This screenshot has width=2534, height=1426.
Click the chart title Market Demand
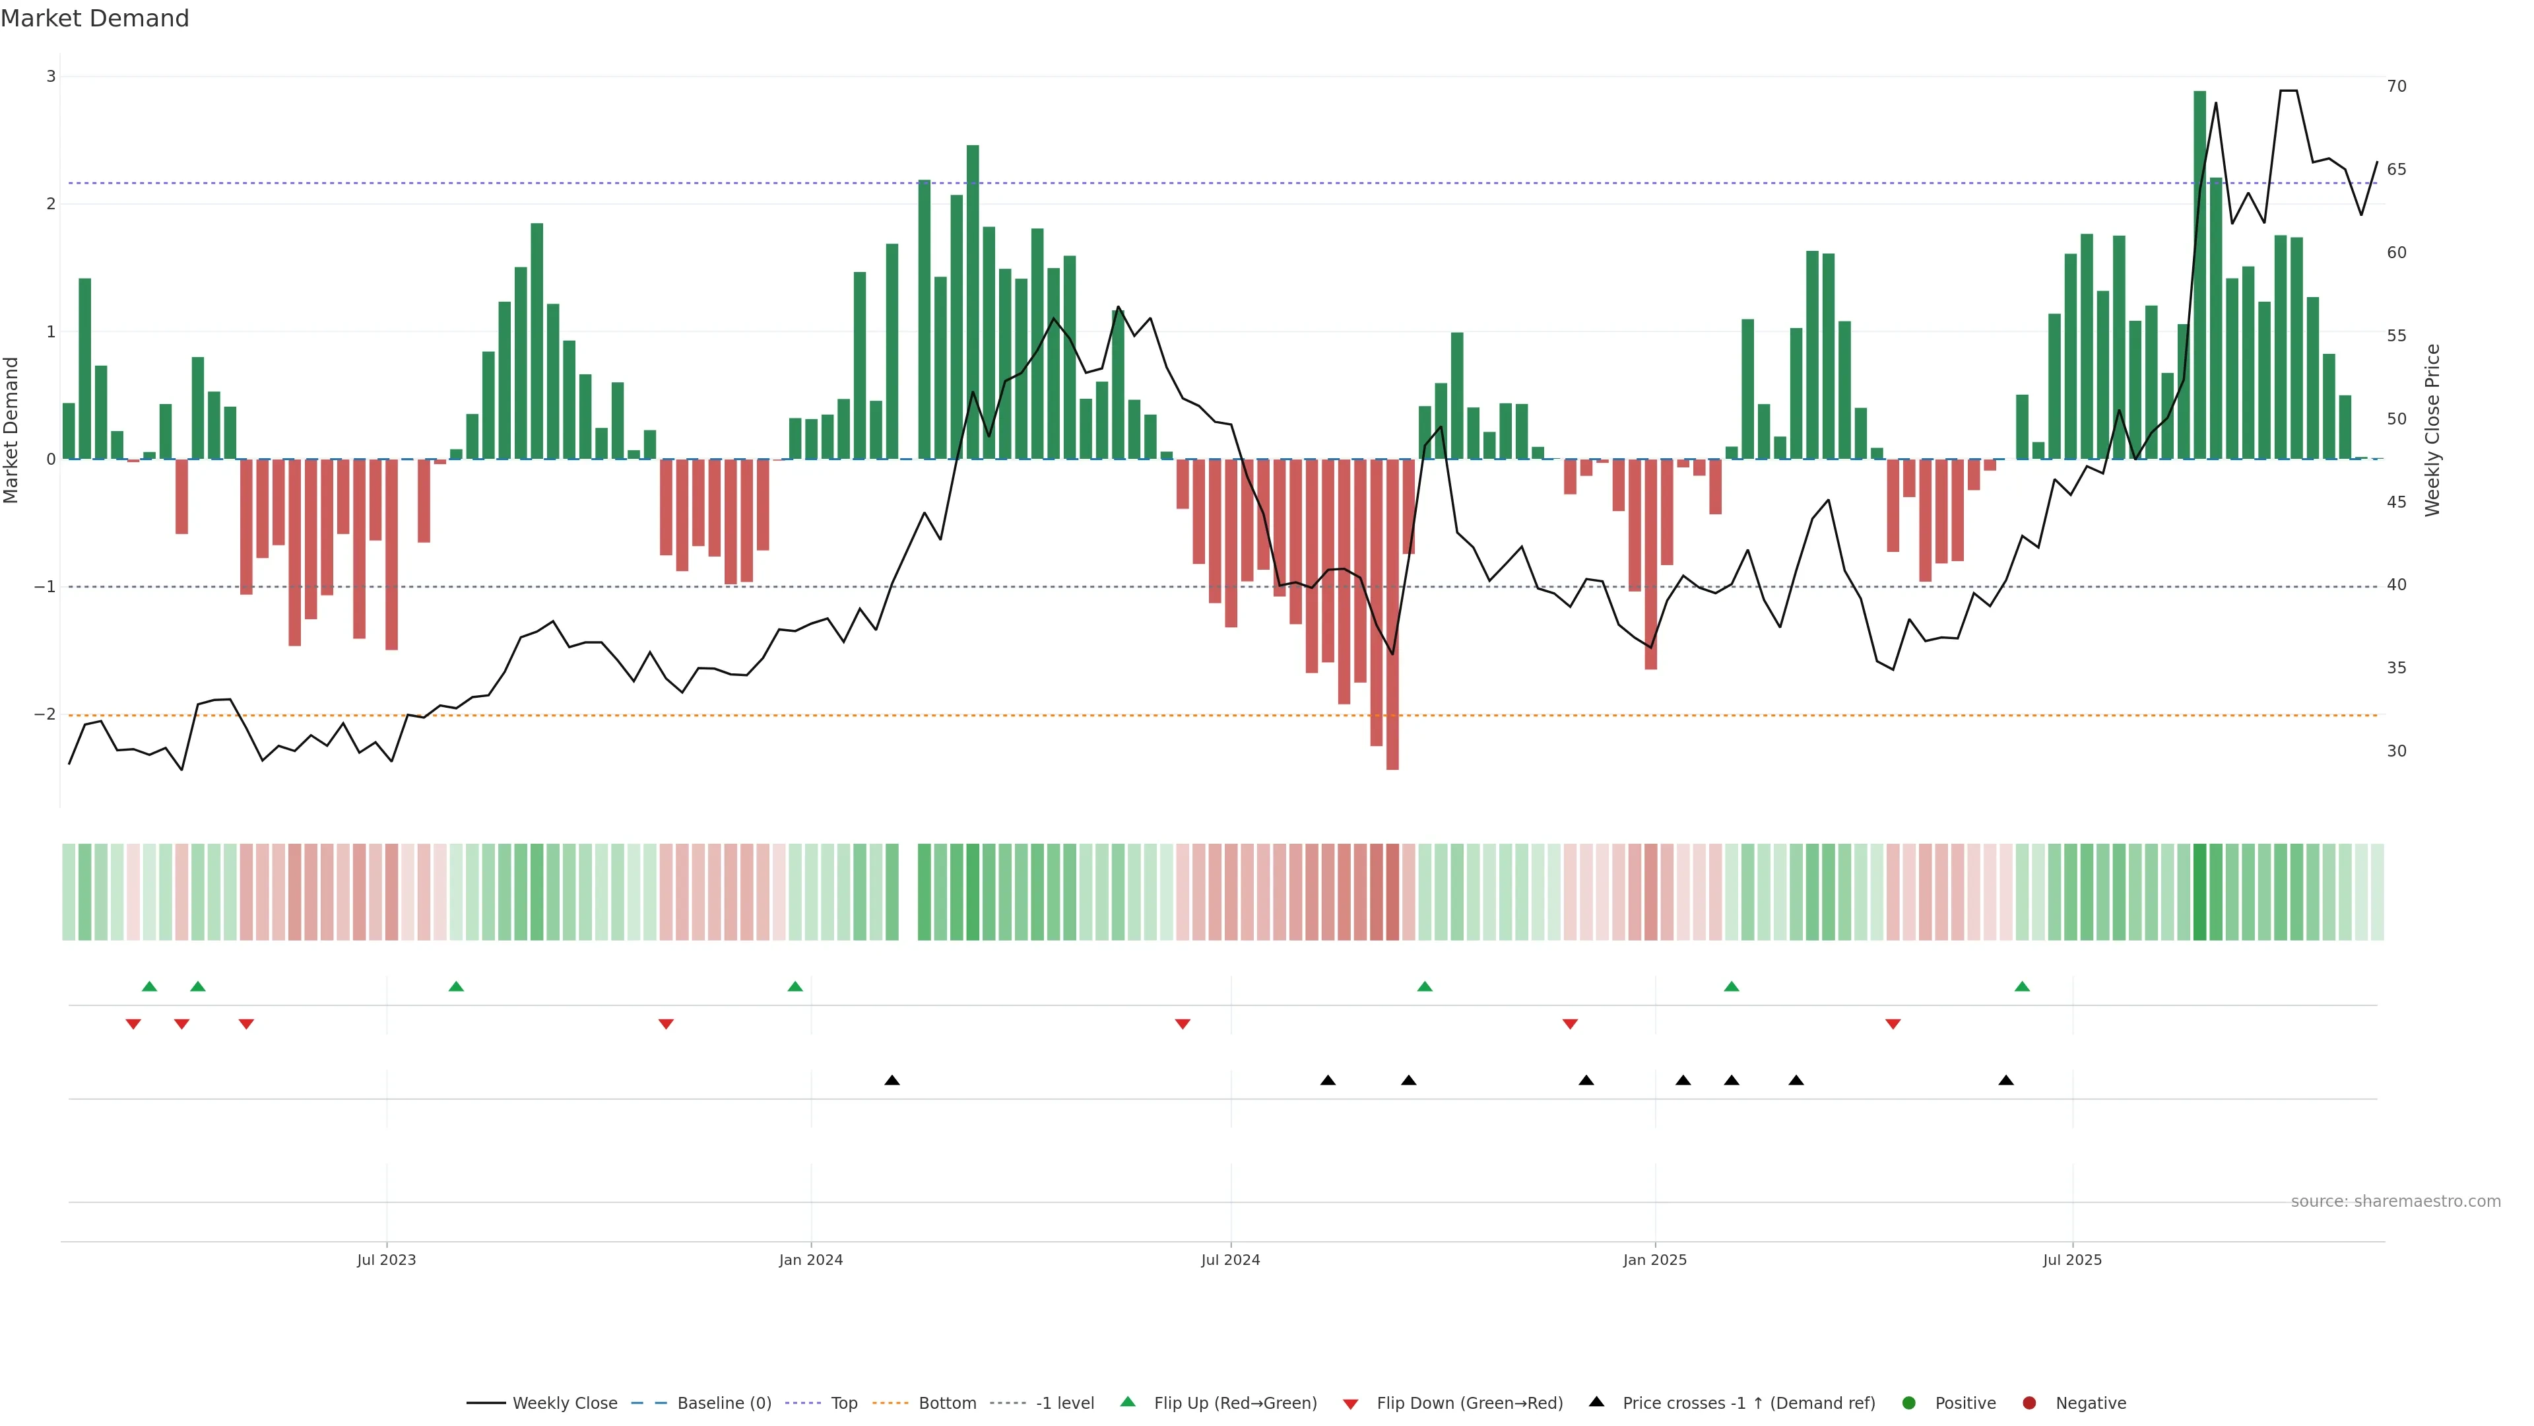coord(94,18)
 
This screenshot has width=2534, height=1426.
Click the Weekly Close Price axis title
coord(2432,430)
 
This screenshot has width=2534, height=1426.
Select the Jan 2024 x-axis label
coord(810,1260)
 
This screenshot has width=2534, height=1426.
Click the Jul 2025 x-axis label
coord(2071,1260)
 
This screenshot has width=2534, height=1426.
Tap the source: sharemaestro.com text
coord(2395,1202)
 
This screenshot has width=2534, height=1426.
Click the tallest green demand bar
coord(2199,275)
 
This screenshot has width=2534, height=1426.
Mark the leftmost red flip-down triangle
coord(133,1025)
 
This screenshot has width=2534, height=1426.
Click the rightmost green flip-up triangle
coord(2021,986)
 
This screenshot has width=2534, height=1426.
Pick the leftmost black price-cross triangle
coord(892,1081)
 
